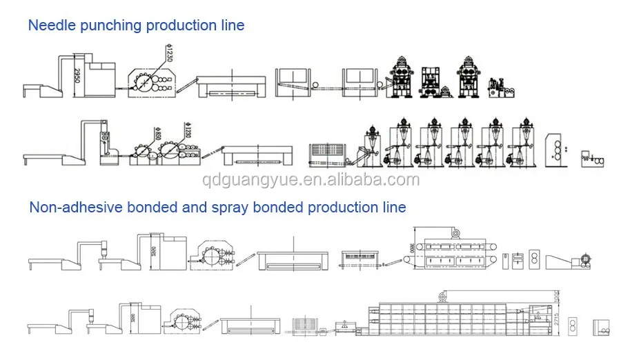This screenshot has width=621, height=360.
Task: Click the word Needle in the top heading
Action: [x=49, y=26]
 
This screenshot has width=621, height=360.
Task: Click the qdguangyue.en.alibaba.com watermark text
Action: [x=310, y=181]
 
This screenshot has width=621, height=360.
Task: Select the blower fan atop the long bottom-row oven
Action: [x=442, y=296]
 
